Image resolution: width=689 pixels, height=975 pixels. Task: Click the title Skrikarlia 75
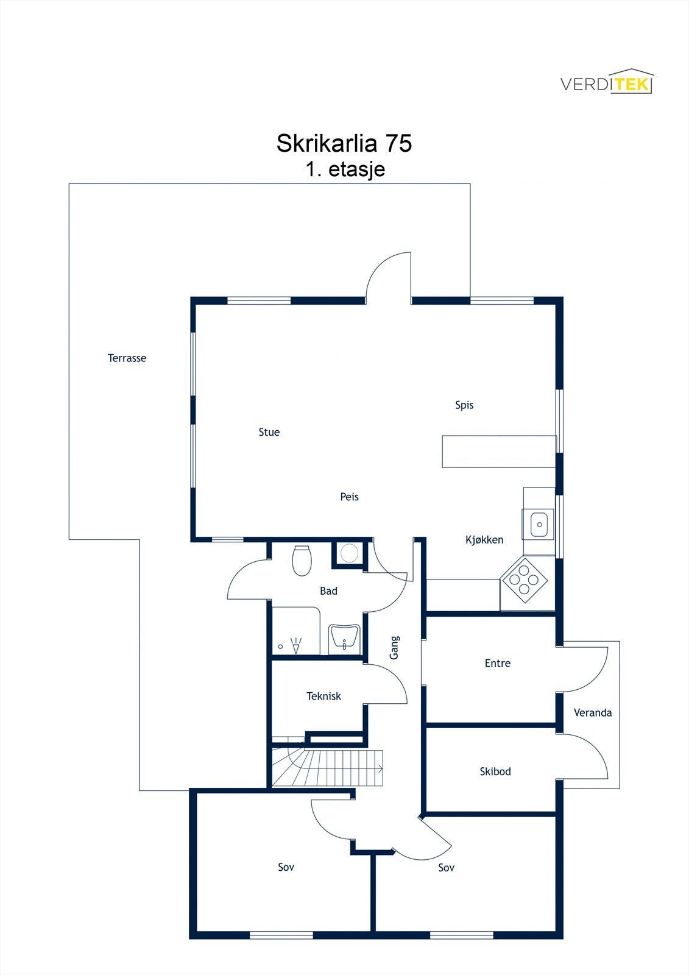(344, 143)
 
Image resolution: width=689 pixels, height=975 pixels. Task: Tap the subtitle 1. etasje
(345, 169)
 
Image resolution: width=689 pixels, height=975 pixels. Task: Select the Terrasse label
(127, 358)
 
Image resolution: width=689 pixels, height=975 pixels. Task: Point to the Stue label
(269, 432)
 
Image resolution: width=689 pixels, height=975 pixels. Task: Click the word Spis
(464, 405)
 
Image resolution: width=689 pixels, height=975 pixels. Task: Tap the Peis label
(349, 497)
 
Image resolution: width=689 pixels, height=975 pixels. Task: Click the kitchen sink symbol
(539, 524)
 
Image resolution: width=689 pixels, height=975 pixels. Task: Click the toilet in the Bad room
(302, 561)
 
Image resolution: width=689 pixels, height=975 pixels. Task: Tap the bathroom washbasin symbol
(344, 639)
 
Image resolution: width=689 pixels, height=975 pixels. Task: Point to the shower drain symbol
(281, 646)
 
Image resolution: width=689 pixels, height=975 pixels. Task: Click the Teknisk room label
(323, 696)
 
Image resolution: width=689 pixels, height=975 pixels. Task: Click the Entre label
(497, 663)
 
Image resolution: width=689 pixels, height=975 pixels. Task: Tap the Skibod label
(495, 771)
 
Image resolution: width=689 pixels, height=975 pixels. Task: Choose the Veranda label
(592, 712)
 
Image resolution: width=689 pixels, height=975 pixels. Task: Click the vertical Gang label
(394, 647)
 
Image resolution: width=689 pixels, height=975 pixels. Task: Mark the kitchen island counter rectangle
(499, 452)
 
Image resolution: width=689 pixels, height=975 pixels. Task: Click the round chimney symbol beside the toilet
(349, 553)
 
